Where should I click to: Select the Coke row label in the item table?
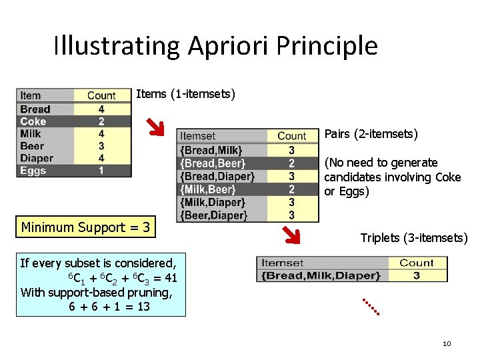(x=33, y=121)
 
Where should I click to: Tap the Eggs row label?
(x=33, y=171)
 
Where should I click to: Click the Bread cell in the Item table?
(x=35, y=109)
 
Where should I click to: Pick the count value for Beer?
(x=101, y=146)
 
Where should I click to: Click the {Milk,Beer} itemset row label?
(x=208, y=189)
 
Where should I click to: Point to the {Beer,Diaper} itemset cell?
(x=213, y=215)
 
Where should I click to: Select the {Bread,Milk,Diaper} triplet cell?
(x=321, y=275)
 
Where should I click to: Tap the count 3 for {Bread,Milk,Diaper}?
(x=417, y=275)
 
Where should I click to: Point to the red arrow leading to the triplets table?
(x=291, y=235)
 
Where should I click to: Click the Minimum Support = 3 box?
(x=85, y=227)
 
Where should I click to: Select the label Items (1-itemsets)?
(x=185, y=94)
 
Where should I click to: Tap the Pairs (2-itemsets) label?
(x=371, y=135)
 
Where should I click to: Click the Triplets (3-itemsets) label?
(x=414, y=238)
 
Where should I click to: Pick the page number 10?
(x=447, y=343)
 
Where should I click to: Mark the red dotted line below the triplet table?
(x=371, y=306)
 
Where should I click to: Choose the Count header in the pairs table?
(x=291, y=136)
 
